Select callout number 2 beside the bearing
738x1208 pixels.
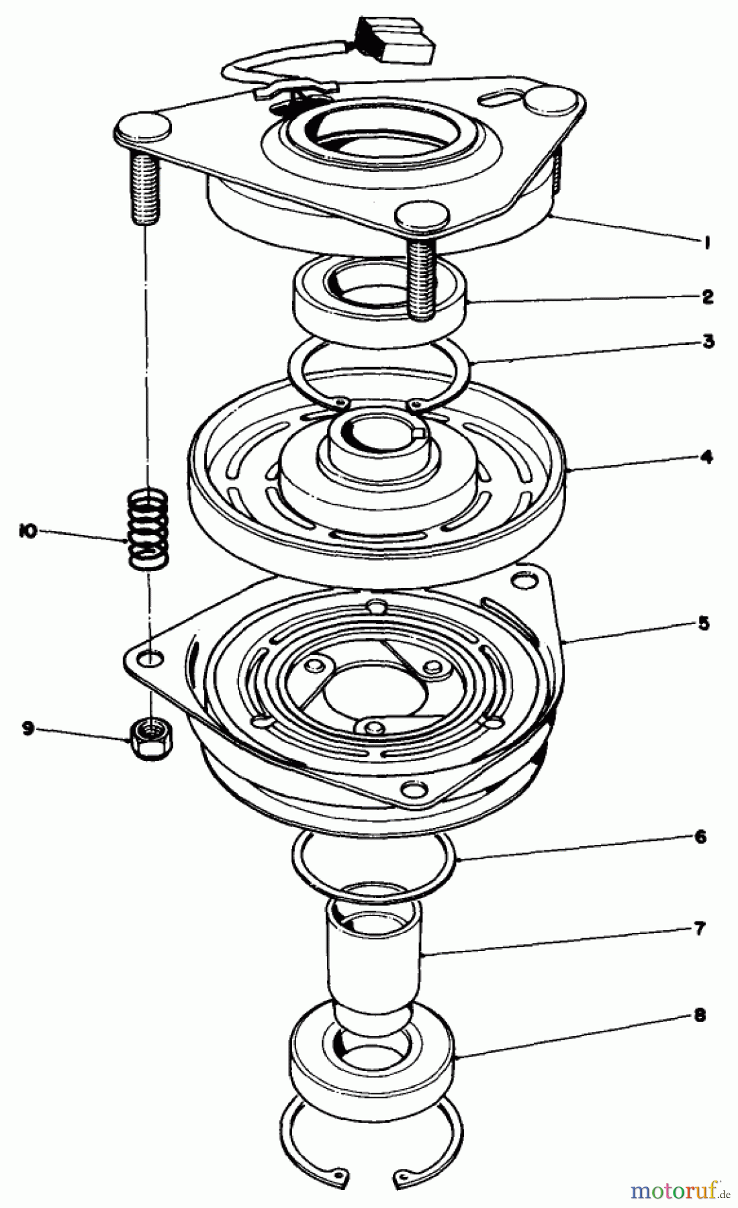pos(707,297)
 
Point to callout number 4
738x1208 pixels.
pos(706,457)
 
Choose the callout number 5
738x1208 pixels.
pos(703,623)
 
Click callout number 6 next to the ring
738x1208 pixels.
pos(700,836)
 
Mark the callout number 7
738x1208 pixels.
pos(700,929)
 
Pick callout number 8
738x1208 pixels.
pos(700,1015)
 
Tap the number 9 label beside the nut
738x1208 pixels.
pos(28,727)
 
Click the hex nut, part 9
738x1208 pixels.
pos(152,735)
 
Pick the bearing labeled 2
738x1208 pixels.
pos(379,295)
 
